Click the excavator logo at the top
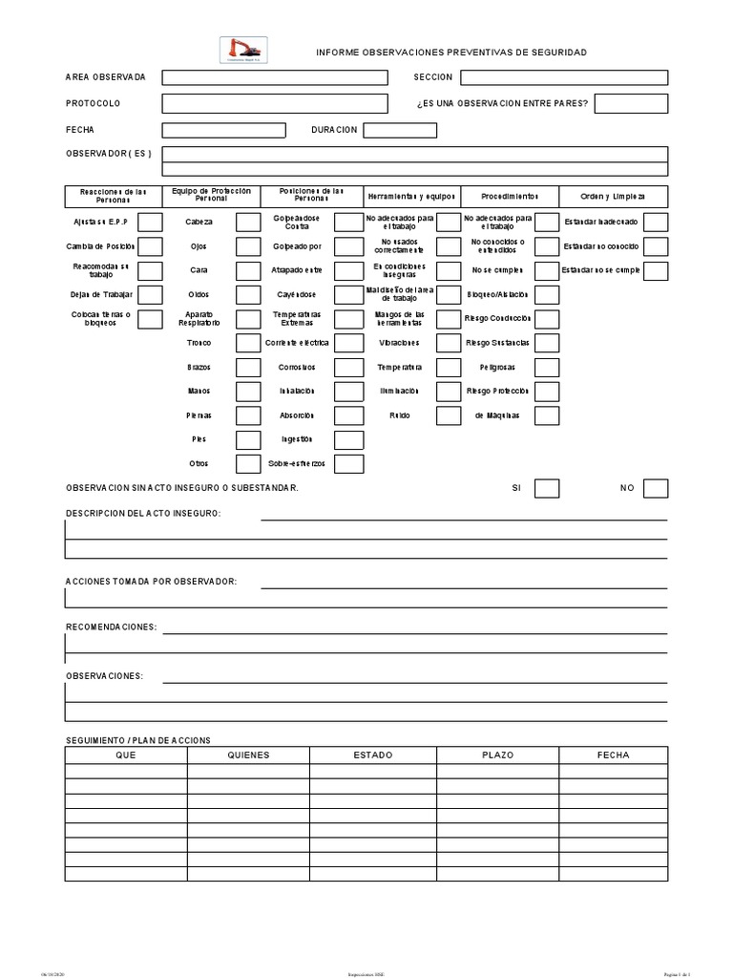click(244, 50)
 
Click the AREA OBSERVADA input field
click(275, 77)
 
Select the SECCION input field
click(568, 77)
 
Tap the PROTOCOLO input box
click(275, 103)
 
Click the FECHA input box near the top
click(223, 130)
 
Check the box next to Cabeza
click(248, 223)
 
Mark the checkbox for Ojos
click(248, 246)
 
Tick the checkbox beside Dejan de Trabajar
click(150, 294)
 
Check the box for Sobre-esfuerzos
click(348, 464)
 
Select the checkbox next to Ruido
click(449, 415)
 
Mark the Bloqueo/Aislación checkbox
click(547, 294)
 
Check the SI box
click(547, 488)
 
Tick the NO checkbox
click(656, 488)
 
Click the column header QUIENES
click(248, 755)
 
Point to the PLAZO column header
click(497, 755)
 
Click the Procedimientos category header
click(510, 196)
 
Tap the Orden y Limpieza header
click(613, 196)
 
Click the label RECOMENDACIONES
click(111, 627)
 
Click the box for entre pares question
click(631, 103)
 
